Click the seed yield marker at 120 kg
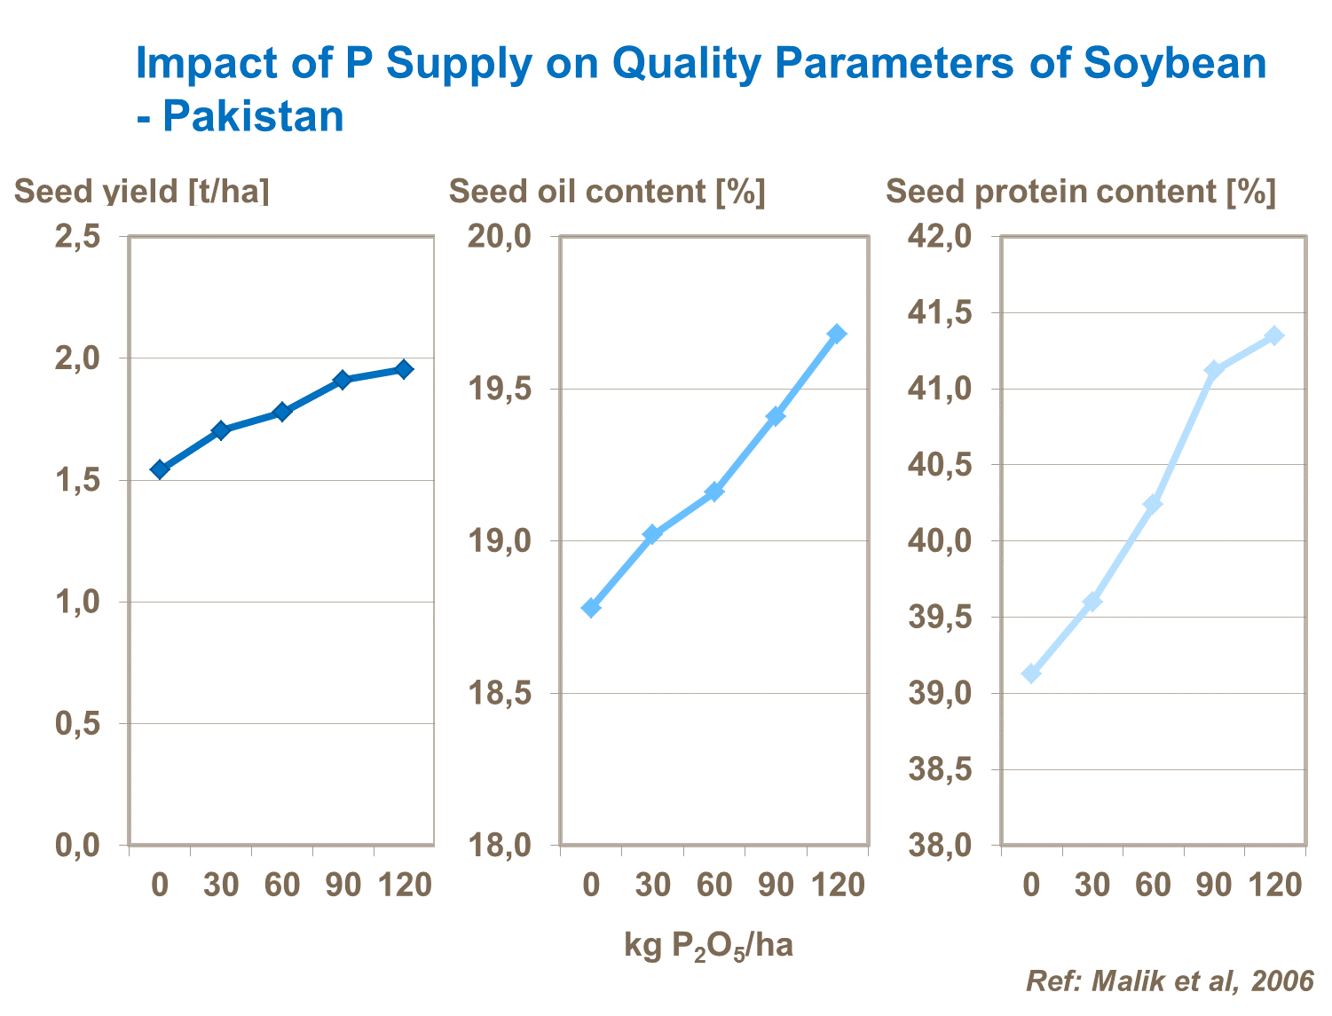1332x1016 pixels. click(x=404, y=369)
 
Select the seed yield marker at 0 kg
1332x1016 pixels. click(x=160, y=469)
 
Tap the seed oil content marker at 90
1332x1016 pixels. click(x=776, y=416)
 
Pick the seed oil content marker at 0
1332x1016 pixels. click(x=591, y=608)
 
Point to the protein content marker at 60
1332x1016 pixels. click(x=1153, y=504)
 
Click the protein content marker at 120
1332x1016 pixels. click(x=1274, y=335)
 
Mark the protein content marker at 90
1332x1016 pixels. click(x=1213, y=369)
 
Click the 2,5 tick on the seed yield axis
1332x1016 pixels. click(x=77, y=237)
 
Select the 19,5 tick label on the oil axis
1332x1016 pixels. click(x=500, y=389)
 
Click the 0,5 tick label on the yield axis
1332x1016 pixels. click(x=77, y=723)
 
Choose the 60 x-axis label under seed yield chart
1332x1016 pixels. click(x=282, y=885)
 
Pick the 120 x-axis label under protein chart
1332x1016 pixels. click(x=1275, y=885)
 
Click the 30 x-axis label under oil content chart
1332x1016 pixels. click(x=652, y=885)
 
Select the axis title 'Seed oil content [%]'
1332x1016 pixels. click(x=607, y=192)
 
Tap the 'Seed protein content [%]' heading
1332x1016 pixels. click(x=1080, y=192)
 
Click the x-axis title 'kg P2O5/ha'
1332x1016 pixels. click(x=708, y=946)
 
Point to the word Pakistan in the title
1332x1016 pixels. click(x=253, y=116)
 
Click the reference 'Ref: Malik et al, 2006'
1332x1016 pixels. click(x=1169, y=981)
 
